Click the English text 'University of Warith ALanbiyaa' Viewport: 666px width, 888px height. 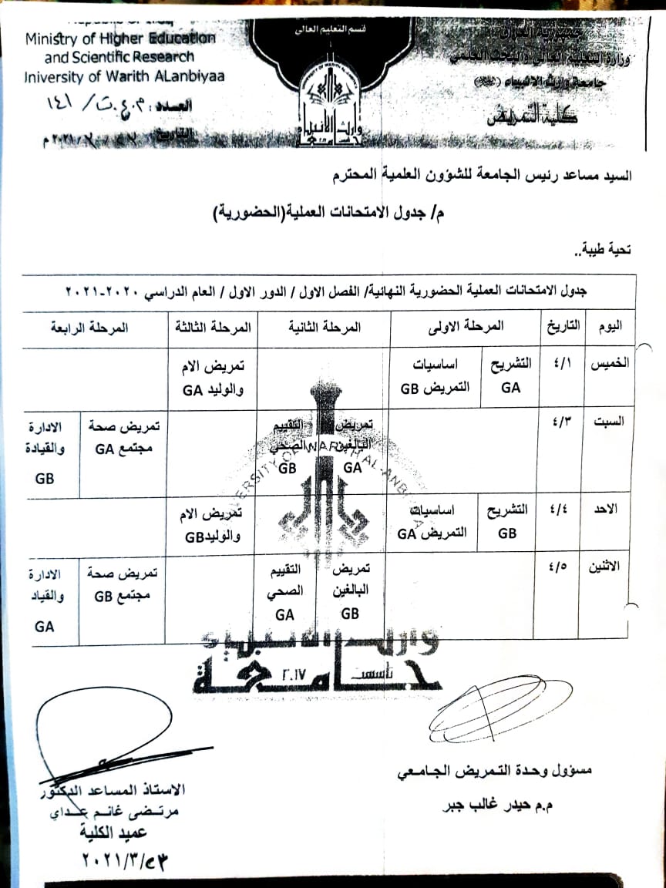coord(124,77)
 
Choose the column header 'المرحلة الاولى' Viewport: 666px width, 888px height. coord(464,327)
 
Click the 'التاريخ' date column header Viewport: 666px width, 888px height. coord(562,327)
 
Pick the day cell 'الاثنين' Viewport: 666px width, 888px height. coord(610,567)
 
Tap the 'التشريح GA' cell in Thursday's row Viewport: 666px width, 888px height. coord(510,376)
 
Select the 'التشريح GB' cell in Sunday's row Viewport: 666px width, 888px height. coord(508,522)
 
